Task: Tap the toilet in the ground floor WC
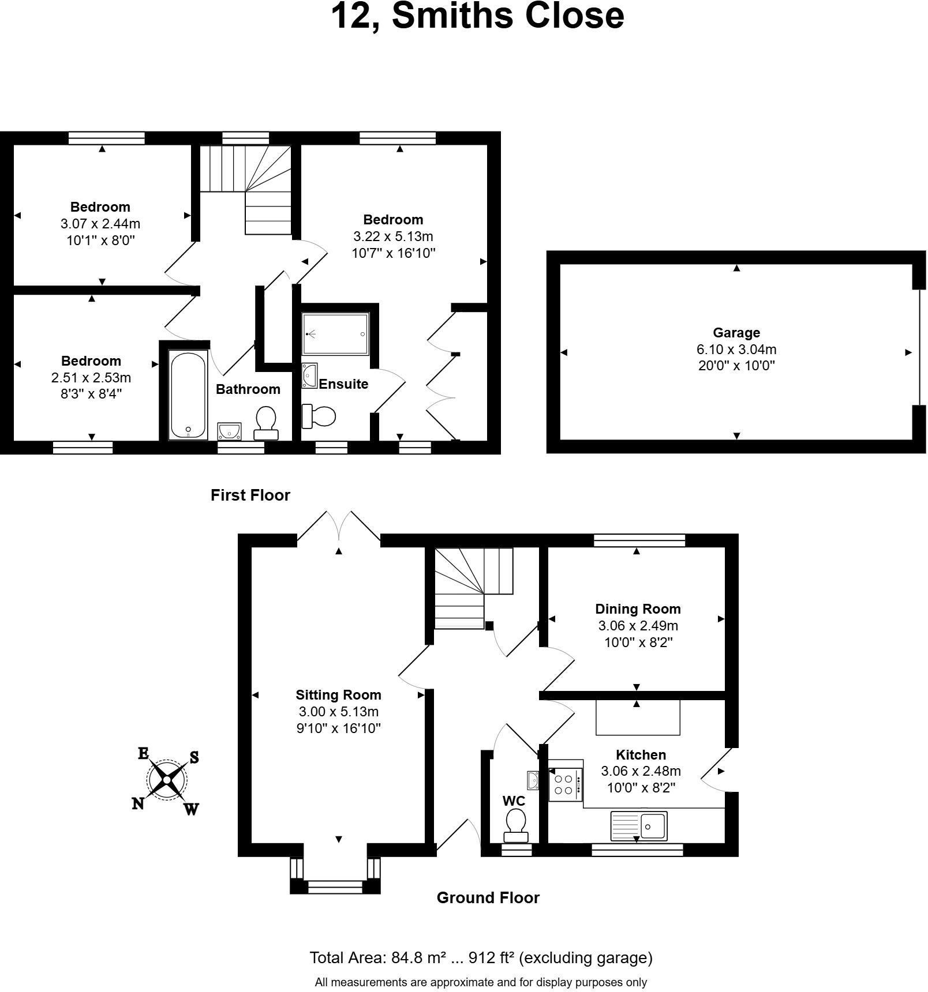[x=516, y=824]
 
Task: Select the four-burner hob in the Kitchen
[x=564, y=784]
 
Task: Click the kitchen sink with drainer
[x=638, y=825]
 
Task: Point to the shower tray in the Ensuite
[x=335, y=334]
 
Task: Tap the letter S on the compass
[x=194, y=757]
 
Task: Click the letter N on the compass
[x=138, y=803]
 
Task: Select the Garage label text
[x=736, y=333]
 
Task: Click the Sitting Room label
[x=338, y=695]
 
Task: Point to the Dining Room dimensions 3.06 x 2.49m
[x=638, y=626]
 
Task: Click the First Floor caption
[x=250, y=495]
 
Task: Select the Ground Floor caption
[x=488, y=897]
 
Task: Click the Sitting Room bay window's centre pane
[x=335, y=886]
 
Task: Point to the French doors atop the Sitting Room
[x=339, y=526]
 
